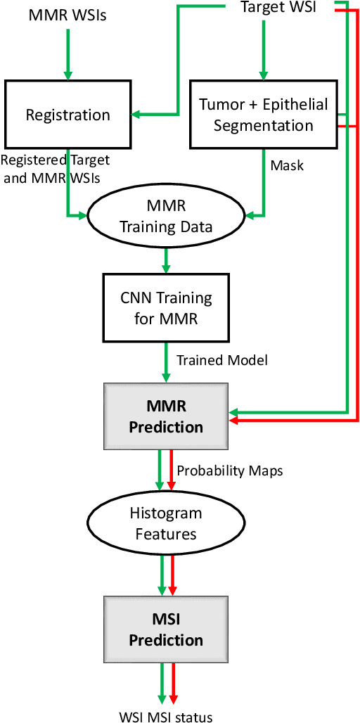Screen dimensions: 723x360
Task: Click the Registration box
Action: coord(68,114)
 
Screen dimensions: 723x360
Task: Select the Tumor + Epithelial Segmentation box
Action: coord(263,114)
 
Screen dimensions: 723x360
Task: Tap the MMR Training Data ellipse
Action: coord(166,219)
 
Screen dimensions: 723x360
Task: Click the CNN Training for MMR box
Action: coord(166,307)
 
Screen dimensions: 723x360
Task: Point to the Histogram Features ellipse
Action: coord(166,524)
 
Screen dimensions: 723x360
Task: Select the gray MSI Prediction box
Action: coord(166,629)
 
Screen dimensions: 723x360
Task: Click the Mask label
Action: coord(288,166)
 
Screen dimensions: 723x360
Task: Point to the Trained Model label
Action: coord(221,360)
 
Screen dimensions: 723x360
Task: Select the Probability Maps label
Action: coord(229,471)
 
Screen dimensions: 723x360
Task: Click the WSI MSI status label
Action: coord(166,717)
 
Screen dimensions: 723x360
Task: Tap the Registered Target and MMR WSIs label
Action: coord(56,169)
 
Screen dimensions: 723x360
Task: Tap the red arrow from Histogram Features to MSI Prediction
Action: coord(172,573)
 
